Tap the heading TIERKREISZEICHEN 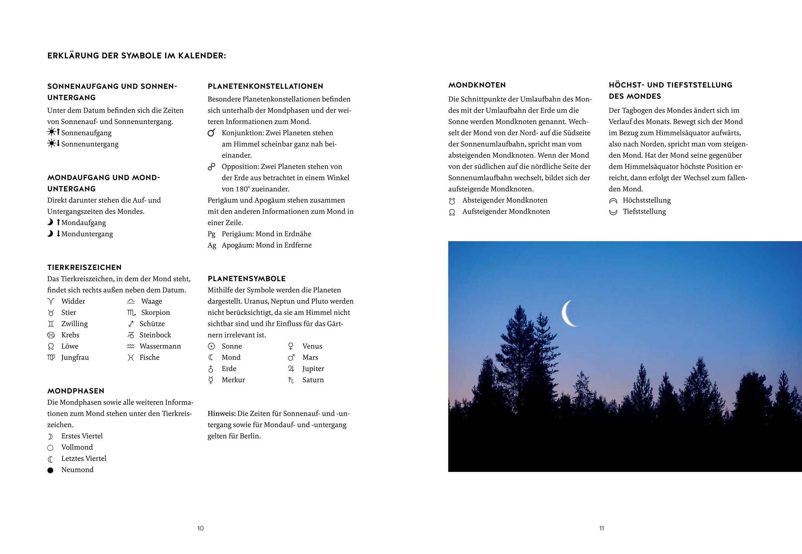pos(85,267)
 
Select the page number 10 pos(200,528)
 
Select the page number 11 pos(601,528)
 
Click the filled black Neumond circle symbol pos(50,470)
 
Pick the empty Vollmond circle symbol pos(50,448)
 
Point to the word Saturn pos(313,380)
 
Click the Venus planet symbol pos(291,346)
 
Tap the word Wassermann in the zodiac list pos(160,346)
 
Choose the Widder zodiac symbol pos(51,301)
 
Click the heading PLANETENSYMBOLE pos(247,279)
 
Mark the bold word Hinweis pos(221,413)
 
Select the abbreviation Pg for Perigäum pos(211,234)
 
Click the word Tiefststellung pos(644,211)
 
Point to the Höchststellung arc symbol pos(613,201)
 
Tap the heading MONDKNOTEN pos(477,85)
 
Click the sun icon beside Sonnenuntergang pos(52,143)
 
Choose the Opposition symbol pos(211,167)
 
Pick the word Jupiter pos(313,369)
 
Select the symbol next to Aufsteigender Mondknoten pos(452,212)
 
